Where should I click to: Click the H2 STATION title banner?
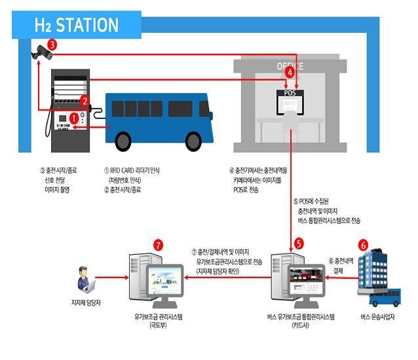tap(77, 25)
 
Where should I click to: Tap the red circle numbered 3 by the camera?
tap(52, 45)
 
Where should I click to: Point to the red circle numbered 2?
tap(84, 101)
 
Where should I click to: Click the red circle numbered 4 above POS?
tap(290, 74)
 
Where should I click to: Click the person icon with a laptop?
tap(86, 279)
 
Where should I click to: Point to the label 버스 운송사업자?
tap(378, 317)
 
